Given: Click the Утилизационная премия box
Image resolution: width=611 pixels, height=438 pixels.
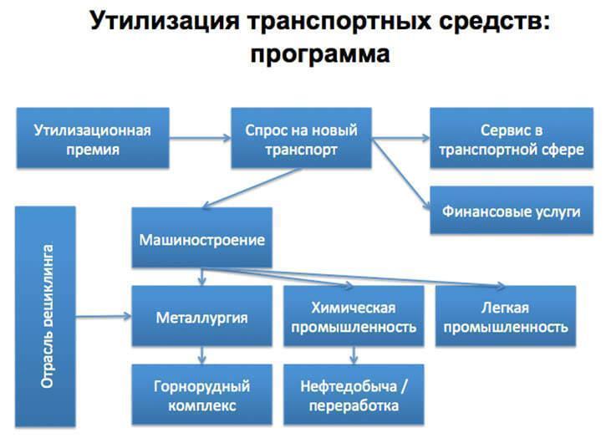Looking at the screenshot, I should click(x=92, y=140).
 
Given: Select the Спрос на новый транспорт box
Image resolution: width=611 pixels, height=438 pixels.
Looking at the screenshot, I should click(x=301, y=140).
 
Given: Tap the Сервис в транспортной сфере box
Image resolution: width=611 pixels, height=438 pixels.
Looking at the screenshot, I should click(x=511, y=140).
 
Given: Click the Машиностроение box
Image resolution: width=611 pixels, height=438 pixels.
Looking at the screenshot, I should click(x=201, y=240).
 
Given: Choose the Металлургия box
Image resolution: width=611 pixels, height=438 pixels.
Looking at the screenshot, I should click(x=201, y=317).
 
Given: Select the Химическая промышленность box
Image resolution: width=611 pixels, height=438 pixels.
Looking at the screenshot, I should click(x=353, y=317).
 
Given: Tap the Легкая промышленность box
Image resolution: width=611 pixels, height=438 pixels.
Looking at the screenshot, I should click(x=506, y=317).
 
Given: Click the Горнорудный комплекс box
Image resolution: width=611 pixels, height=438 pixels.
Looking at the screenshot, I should click(x=201, y=395).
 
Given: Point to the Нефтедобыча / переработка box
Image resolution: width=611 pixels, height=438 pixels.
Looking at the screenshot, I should click(x=353, y=395).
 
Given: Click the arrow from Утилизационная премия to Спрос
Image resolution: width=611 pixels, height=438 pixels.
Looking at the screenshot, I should click(x=201, y=139).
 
